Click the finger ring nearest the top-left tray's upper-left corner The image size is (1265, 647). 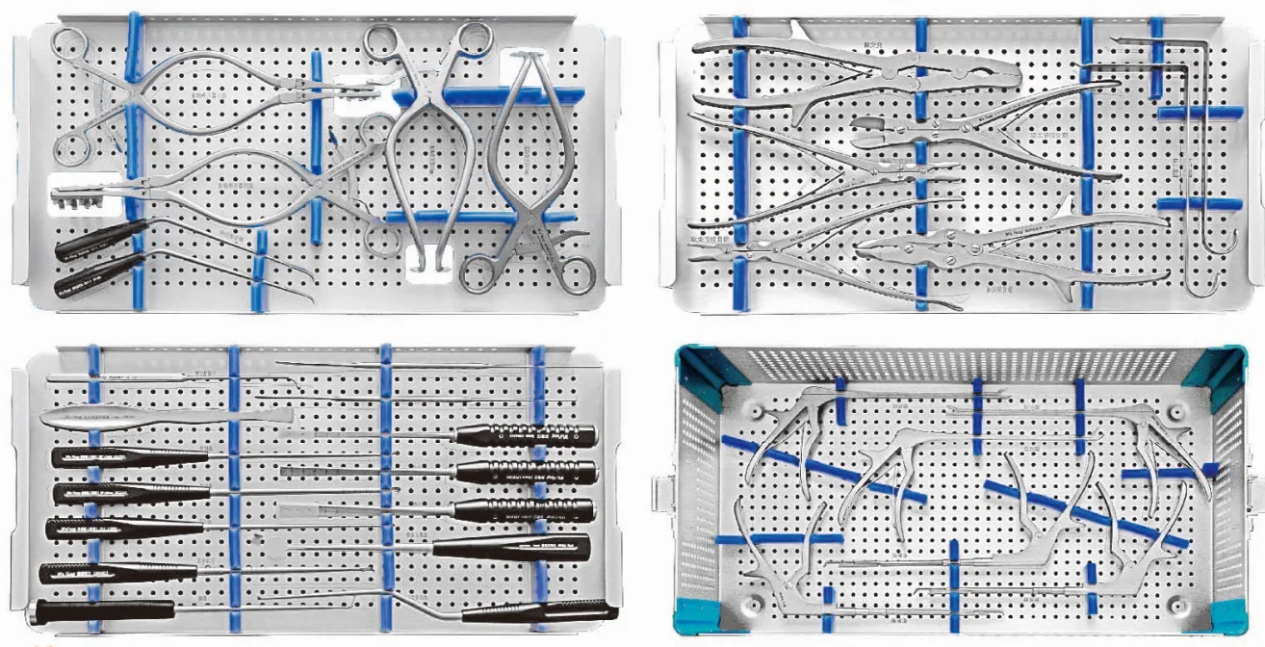[70, 44]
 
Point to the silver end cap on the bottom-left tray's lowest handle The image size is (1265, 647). [39, 610]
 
